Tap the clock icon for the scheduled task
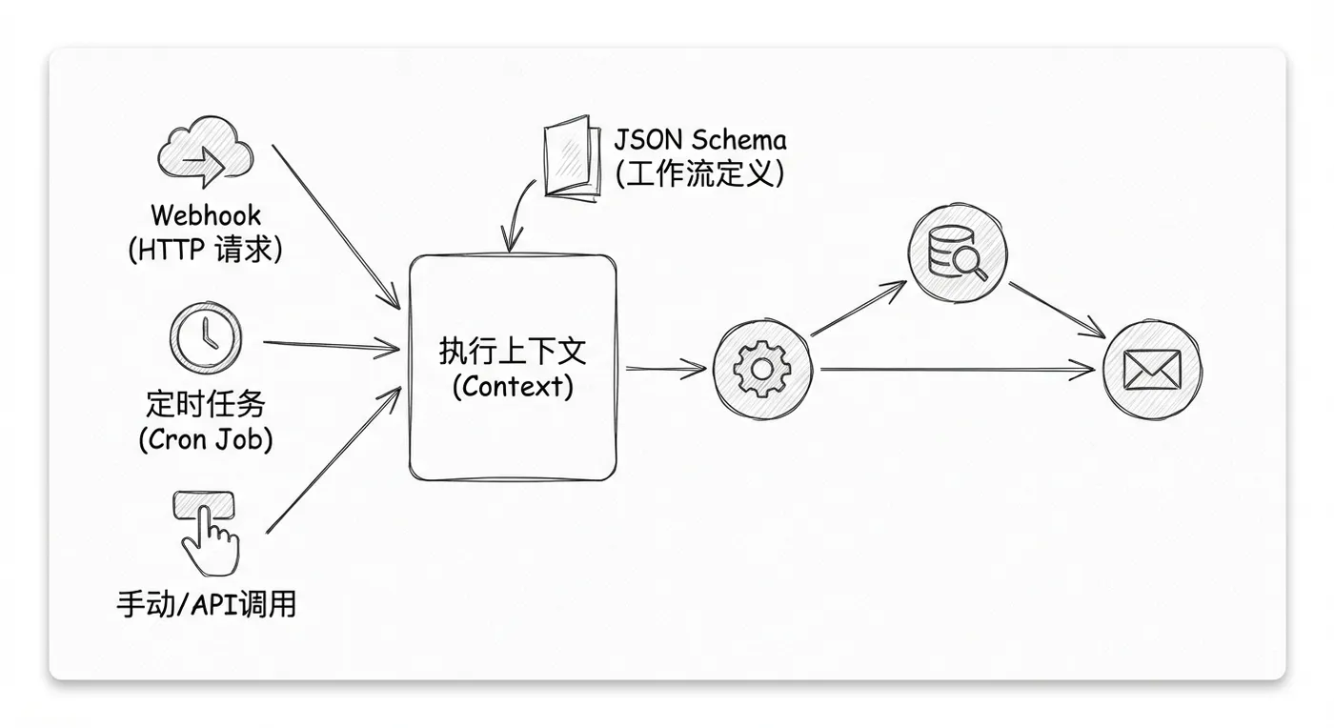[x=205, y=338]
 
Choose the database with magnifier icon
[x=957, y=254]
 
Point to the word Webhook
[x=205, y=215]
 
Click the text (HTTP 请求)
[x=205, y=249]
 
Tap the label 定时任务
[x=205, y=404]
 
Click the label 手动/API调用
[x=206, y=603]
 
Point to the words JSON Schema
[x=700, y=141]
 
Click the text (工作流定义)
[x=700, y=174]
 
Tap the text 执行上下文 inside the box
[x=512, y=352]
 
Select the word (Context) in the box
[x=512, y=386]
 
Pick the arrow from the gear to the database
[x=858, y=307]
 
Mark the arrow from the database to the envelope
[x=1056, y=309]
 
